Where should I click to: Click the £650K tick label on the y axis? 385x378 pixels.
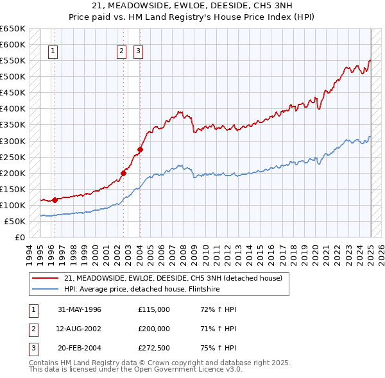13,29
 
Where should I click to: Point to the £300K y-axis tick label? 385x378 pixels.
13,141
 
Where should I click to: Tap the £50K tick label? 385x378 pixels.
15,221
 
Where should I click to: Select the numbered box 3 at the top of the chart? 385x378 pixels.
139,53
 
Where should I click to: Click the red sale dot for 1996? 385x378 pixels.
55,200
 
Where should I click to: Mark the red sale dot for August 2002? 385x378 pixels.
124,172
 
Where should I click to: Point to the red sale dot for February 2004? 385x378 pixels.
140,149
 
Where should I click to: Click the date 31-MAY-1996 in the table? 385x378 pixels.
80,309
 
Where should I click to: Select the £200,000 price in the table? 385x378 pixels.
154,329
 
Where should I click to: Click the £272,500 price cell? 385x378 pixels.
154,349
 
